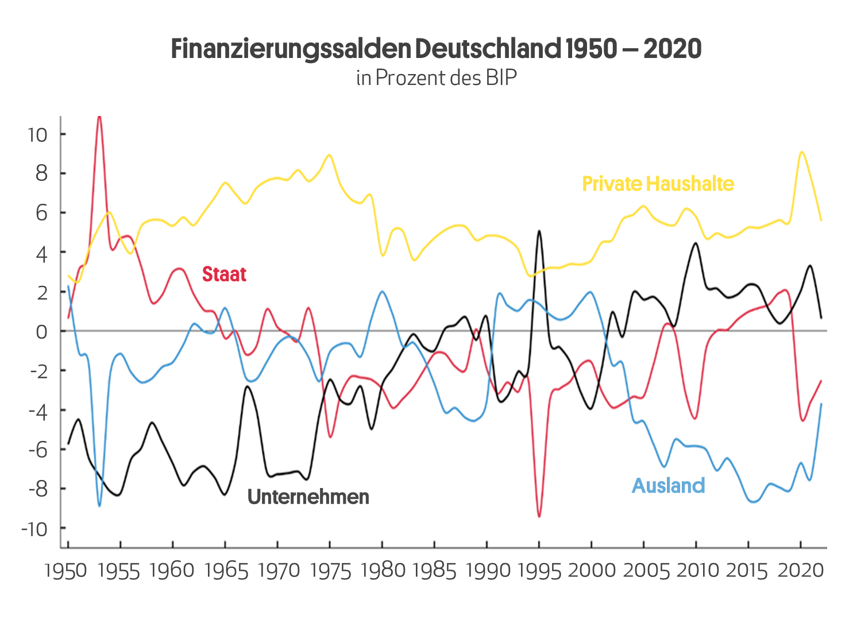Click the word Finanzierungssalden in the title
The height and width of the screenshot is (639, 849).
tap(291, 49)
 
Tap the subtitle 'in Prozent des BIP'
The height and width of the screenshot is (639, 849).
tap(436, 78)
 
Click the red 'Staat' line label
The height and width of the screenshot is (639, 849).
tap(224, 274)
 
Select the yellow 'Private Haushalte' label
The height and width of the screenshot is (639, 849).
tap(658, 184)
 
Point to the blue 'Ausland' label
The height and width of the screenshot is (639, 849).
tap(668, 486)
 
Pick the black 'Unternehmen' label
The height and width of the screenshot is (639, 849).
tap(308, 497)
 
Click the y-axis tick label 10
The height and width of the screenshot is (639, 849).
tap(37, 135)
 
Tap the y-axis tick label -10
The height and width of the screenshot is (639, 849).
tap(34, 529)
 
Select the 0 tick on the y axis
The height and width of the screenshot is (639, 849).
tap(41, 332)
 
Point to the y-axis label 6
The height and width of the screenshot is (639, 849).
tap(41, 214)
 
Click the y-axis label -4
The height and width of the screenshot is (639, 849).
tap(37, 410)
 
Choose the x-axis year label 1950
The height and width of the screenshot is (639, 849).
tap(66, 571)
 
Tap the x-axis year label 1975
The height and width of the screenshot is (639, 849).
tap(330, 571)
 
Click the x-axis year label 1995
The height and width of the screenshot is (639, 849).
tap(539, 571)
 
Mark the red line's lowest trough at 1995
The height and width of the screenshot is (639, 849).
tap(539, 516)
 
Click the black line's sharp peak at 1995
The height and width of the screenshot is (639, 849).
tap(539, 231)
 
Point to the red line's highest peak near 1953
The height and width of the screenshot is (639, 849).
tap(99, 117)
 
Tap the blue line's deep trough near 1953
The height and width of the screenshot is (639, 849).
tap(99, 506)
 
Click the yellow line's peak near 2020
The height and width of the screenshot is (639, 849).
tap(801, 152)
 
